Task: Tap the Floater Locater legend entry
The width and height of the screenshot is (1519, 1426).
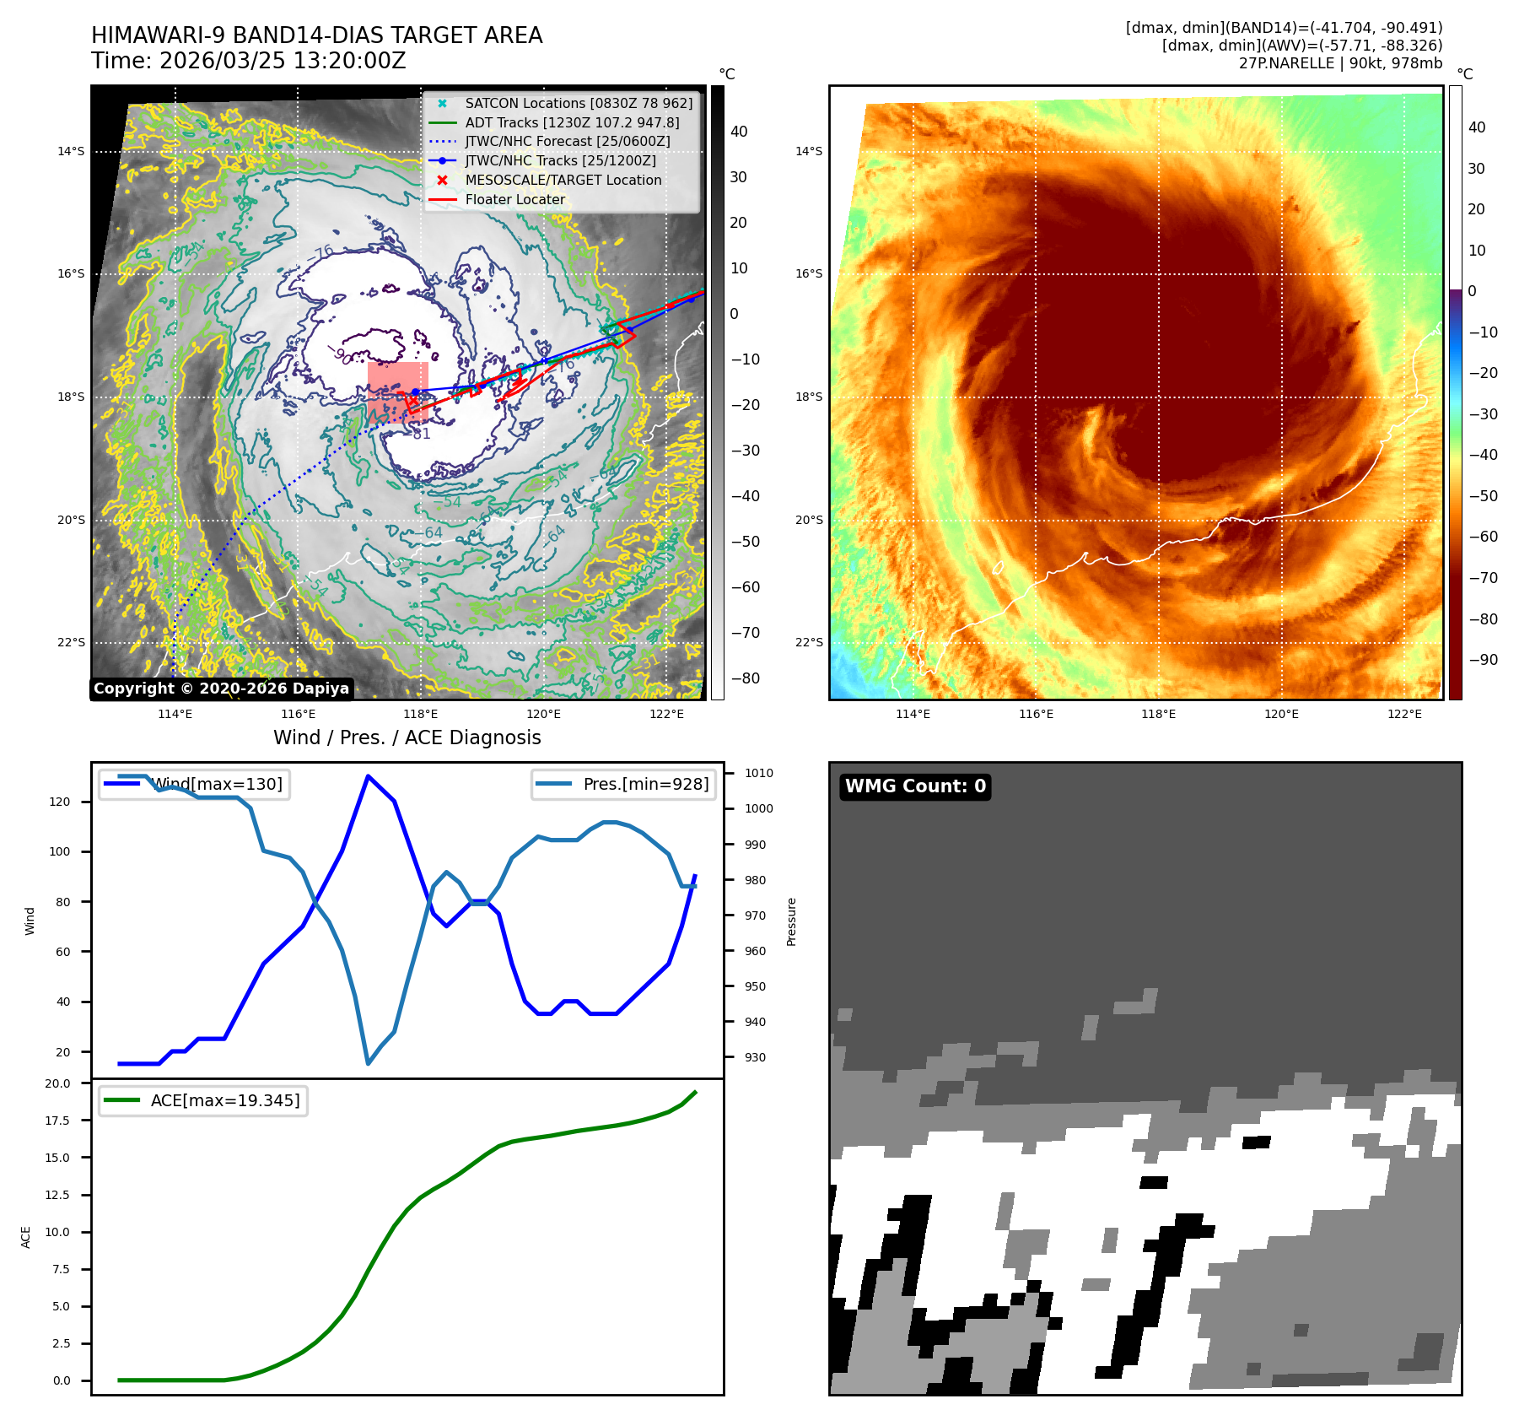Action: pos(515,199)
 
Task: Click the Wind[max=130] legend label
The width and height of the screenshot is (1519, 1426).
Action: pos(217,784)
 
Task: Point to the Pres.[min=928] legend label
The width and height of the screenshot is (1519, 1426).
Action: pos(646,784)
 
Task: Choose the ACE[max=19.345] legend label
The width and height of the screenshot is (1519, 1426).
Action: pos(225,1100)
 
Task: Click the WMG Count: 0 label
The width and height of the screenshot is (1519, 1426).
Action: pos(915,786)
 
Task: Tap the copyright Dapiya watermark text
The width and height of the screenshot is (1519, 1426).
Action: pos(221,689)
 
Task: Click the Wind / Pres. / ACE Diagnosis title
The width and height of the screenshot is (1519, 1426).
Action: pos(407,737)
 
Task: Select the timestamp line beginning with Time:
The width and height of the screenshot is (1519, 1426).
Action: pos(249,61)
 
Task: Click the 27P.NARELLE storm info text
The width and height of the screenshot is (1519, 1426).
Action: pos(1340,63)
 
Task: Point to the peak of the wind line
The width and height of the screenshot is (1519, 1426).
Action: pos(369,775)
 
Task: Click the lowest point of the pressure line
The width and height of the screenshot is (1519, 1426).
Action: pos(369,1063)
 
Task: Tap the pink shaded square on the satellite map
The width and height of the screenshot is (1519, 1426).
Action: pos(398,392)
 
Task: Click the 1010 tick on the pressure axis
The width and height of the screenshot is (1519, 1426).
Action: pos(759,773)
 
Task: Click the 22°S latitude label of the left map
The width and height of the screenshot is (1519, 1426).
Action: pos(72,642)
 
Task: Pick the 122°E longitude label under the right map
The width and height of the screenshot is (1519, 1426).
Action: pos(1404,714)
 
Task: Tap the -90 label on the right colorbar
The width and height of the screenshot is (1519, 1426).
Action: pos(1484,660)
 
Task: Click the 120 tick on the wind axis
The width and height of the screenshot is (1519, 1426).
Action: pos(60,802)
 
